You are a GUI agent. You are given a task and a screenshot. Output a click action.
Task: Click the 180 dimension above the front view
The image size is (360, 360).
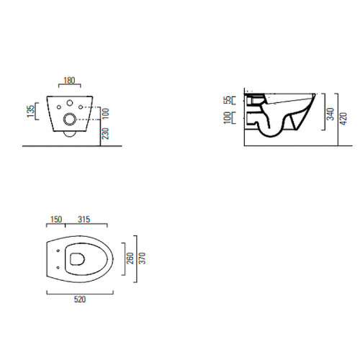pyautogui.click(x=69, y=81)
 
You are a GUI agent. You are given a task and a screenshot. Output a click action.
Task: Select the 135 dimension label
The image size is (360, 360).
pyautogui.click(x=31, y=111)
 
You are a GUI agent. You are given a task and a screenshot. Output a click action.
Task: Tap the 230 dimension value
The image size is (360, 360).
pyautogui.click(x=105, y=133)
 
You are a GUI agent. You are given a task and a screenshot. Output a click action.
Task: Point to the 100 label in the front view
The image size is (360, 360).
pyautogui.click(x=105, y=113)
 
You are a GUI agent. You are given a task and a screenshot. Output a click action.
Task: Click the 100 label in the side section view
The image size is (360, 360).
pyautogui.click(x=228, y=117)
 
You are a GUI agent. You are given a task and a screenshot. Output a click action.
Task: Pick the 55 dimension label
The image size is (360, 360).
pyautogui.click(x=228, y=100)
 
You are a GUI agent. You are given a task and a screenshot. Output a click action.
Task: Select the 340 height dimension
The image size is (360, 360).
pyautogui.click(x=330, y=114)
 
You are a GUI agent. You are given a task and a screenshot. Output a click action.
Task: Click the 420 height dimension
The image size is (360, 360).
pyautogui.click(x=343, y=119)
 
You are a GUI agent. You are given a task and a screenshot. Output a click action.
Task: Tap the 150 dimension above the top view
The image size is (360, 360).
pyautogui.click(x=56, y=220)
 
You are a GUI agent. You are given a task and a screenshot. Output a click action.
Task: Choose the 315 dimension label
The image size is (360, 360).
pyautogui.click(x=84, y=220)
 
